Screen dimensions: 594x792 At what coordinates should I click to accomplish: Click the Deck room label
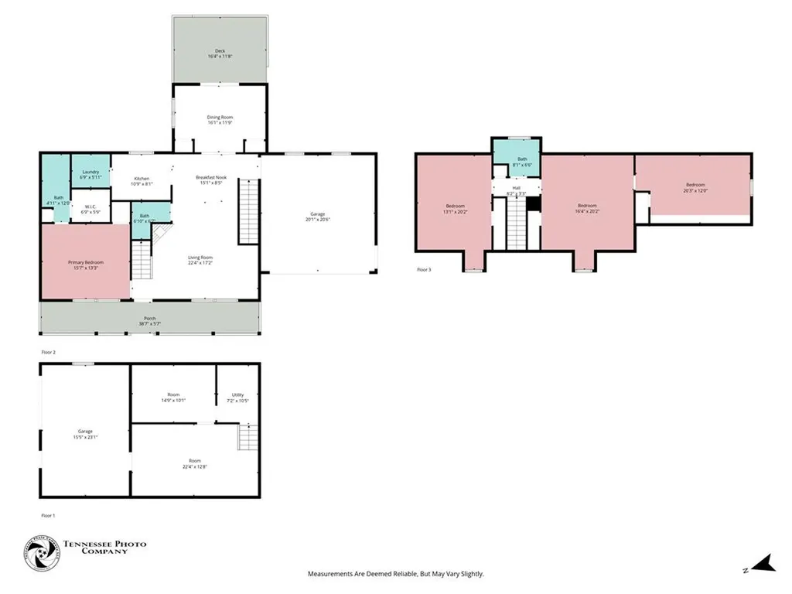(x=220, y=54)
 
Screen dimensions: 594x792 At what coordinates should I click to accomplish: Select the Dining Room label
(x=220, y=120)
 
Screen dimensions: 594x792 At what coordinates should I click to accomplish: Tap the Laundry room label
(x=90, y=174)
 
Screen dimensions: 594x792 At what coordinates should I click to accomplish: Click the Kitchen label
(x=141, y=181)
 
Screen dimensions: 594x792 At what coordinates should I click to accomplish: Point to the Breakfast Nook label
(x=210, y=180)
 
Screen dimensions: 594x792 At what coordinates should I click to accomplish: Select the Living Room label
(x=200, y=260)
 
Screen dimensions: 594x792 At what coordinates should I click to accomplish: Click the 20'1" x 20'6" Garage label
(x=317, y=217)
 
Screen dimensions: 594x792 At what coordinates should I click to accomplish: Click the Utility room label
(x=237, y=398)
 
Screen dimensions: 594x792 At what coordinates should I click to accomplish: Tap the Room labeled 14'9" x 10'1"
(x=173, y=398)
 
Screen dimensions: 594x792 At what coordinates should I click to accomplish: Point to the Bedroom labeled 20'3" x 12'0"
(x=695, y=187)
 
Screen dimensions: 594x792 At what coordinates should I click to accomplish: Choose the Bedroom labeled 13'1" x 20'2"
(x=454, y=208)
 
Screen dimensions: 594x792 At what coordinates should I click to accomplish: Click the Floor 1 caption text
(x=48, y=515)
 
